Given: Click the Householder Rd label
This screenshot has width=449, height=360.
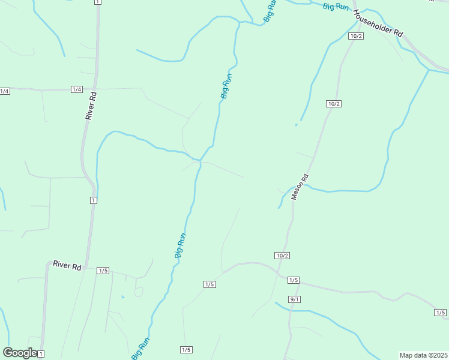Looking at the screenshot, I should click(378, 24).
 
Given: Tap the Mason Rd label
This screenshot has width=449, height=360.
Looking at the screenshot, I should click(300, 187).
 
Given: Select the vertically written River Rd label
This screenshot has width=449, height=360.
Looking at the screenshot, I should click(91, 106).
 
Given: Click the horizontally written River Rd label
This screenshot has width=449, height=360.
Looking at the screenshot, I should click(67, 265).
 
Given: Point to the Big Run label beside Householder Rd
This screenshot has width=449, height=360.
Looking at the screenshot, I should click(335, 7).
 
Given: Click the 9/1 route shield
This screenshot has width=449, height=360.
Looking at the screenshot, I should click(294, 299).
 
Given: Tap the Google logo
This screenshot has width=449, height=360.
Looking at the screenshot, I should click(20, 353).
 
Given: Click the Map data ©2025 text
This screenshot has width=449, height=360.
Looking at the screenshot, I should click(423, 355).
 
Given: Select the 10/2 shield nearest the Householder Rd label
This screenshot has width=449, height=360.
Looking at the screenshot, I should click(356, 36).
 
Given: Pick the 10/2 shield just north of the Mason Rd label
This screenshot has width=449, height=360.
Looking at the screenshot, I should click(334, 104).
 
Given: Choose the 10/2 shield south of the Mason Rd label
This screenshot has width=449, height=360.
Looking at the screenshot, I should click(282, 256).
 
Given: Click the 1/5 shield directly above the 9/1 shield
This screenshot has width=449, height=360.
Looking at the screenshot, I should click(293, 280).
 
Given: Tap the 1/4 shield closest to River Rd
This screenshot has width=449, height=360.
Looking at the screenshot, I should click(76, 89).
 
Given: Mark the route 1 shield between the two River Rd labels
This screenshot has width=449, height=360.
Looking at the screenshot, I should click(93, 200).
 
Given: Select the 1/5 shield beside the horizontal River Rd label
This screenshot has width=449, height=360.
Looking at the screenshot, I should click(103, 271).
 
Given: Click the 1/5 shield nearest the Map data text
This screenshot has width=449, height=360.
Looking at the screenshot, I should click(441, 313).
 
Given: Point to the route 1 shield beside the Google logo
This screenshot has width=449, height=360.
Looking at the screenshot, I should click(41, 355).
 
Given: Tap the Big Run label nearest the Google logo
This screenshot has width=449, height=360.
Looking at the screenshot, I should click(141, 349).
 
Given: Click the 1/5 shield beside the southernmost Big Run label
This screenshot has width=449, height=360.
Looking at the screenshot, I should click(185, 350).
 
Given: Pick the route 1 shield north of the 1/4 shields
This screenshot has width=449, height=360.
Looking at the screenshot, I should click(97, 2).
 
